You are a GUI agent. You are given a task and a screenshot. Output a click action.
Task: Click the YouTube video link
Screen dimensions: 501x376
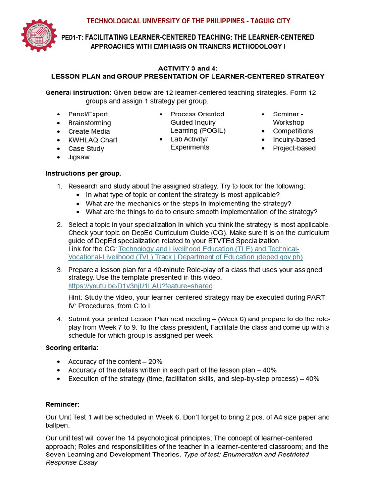point(140,286)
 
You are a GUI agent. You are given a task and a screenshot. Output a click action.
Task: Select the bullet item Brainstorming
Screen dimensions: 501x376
point(89,123)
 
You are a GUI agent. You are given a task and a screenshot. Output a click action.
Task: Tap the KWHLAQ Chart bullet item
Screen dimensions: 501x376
point(93,140)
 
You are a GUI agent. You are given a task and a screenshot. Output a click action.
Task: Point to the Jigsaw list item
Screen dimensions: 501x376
point(79,157)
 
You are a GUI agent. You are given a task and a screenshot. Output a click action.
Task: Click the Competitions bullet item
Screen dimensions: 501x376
point(293,131)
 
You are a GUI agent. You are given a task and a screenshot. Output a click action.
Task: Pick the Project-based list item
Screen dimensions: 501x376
point(294,148)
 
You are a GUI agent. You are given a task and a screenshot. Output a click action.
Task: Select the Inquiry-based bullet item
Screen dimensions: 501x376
point(294,139)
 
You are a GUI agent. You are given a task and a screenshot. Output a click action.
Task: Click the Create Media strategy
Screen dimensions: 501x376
point(89,131)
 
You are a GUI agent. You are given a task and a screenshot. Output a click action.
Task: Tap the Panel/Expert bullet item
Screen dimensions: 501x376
point(88,114)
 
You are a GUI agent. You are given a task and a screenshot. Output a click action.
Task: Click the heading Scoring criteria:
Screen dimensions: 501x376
point(72,348)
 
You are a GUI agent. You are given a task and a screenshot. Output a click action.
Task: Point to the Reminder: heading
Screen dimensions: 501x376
point(62,404)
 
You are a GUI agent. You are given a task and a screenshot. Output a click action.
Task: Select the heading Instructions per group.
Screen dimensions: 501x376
point(83,173)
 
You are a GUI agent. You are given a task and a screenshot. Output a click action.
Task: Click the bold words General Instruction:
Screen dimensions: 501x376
point(78,93)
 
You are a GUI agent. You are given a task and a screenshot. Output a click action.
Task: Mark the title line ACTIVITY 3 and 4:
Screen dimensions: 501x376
point(188,68)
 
